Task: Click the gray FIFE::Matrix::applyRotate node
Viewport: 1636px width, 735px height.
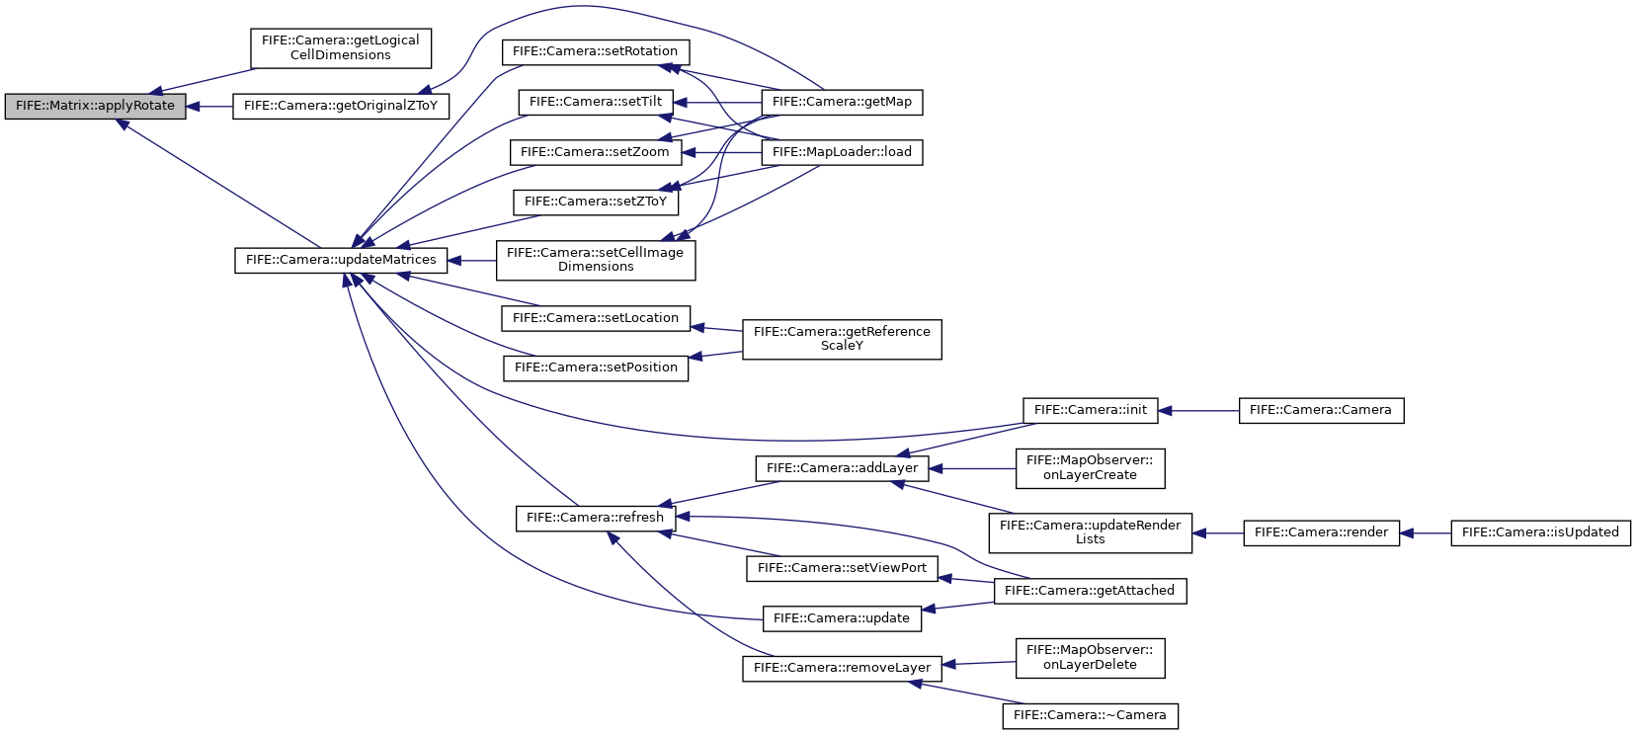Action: point(95,107)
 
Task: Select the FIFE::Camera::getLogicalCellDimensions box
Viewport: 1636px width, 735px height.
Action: point(341,49)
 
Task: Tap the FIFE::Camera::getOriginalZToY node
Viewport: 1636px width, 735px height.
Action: point(341,107)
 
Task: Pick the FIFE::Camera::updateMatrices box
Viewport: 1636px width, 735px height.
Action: point(341,260)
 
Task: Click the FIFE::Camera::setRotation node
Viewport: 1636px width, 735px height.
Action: point(596,52)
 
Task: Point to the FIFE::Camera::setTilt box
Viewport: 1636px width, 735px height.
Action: point(596,103)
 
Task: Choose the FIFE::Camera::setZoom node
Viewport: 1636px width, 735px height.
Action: point(596,153)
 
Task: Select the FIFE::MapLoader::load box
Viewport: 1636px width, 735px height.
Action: point(842,153)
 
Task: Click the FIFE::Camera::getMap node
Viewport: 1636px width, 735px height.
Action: point(842,103)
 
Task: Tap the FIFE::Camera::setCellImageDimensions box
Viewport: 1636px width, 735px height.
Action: point(596,260)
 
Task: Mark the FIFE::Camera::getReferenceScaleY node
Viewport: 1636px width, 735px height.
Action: point(842,339)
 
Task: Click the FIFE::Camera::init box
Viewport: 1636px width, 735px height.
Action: point(1090,411)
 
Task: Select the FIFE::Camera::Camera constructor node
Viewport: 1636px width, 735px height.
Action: point(1321,411)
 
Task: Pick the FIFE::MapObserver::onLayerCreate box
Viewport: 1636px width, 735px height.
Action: point(1090,468)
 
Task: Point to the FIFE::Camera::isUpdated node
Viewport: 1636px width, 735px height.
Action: point(1540,533)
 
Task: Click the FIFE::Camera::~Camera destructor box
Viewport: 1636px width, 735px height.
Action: point(1090,716)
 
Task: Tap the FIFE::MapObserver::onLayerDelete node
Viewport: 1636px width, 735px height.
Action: point(1090,658)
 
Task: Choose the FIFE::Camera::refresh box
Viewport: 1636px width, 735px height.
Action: point(596,518)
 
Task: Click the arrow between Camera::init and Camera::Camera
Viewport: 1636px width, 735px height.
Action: point(1198,411)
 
